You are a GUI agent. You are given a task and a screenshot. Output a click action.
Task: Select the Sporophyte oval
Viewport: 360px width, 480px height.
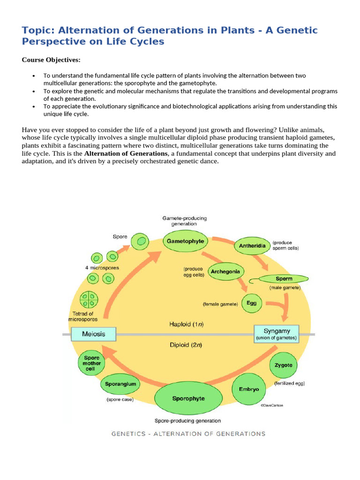point(188,399)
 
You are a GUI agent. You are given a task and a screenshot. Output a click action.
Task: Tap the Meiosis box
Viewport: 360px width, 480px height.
point(94,334)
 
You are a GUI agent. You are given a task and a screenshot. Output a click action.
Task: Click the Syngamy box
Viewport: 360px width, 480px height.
point(277,333)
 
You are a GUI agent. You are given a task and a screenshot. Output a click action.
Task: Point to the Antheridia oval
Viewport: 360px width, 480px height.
point(253,245)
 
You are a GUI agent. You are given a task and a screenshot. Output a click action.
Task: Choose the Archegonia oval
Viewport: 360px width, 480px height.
point(225,271)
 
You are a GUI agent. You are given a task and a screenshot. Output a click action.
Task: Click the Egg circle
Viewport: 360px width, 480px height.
point(252,303)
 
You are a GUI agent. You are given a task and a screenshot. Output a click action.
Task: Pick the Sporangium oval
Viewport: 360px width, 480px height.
point(120,384)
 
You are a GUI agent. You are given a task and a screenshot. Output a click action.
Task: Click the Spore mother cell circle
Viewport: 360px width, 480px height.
point(91,363)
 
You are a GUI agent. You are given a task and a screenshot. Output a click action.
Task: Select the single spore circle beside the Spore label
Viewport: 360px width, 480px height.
point(139,242)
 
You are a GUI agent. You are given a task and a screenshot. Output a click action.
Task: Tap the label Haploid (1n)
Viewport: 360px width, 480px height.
point(186,324)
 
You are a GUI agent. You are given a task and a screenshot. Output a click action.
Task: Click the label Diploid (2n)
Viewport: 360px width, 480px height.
point(186,345)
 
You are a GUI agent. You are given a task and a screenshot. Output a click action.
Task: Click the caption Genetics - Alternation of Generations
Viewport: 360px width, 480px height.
point(188,434)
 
